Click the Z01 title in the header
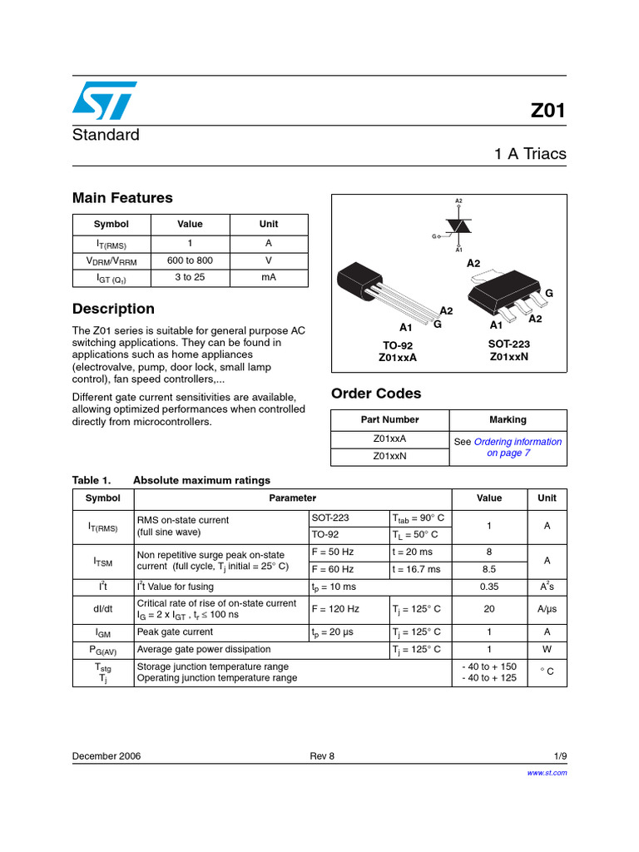click(x=547, y=111)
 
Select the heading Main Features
click(x=122, y=198)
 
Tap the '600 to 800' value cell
click(x=190, y=260)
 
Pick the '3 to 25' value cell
click(x=190, y=277)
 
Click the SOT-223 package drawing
click(x=503, y=295)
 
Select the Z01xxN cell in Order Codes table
click(x=389, y=456)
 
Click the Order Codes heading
click(x=376, y=394)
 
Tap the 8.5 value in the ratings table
click(x=489, y=569)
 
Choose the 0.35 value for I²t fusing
click(x=489, y=587)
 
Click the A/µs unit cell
click(x=547, y=608)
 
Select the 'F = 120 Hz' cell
click(x=335, y=608)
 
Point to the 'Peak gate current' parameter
click(x=175, y=632)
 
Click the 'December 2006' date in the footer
click(x=106, y=756)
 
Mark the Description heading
click(x=113, y=309)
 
